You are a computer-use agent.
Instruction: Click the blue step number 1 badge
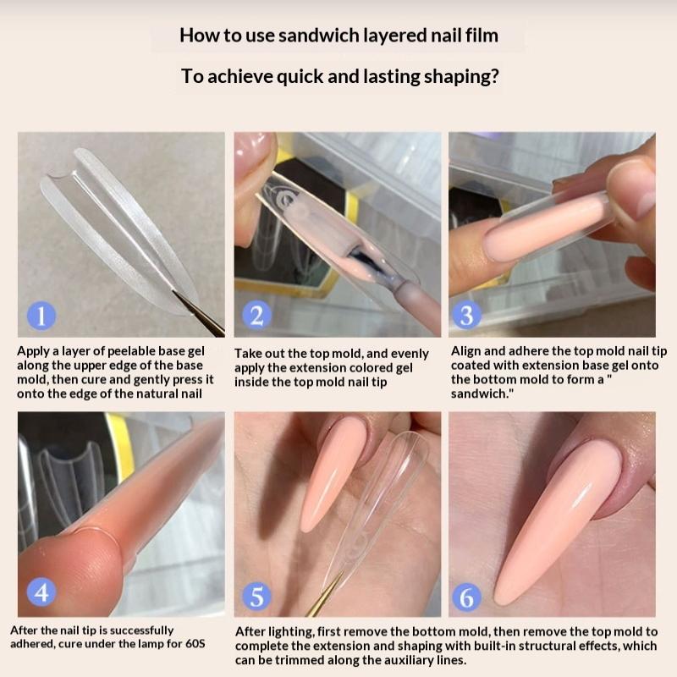tap(41, 316)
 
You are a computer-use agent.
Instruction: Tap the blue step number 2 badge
tap(257, 315)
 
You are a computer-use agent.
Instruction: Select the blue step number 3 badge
tap(467, 315)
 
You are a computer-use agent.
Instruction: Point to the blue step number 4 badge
tap(41, 592)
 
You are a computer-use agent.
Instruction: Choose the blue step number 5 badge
tap(257, 597)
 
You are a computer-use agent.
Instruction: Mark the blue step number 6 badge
tap(467, 597)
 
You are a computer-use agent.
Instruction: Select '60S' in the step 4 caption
tap(195, 643)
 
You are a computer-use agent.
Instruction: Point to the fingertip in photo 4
tap(71, 570)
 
